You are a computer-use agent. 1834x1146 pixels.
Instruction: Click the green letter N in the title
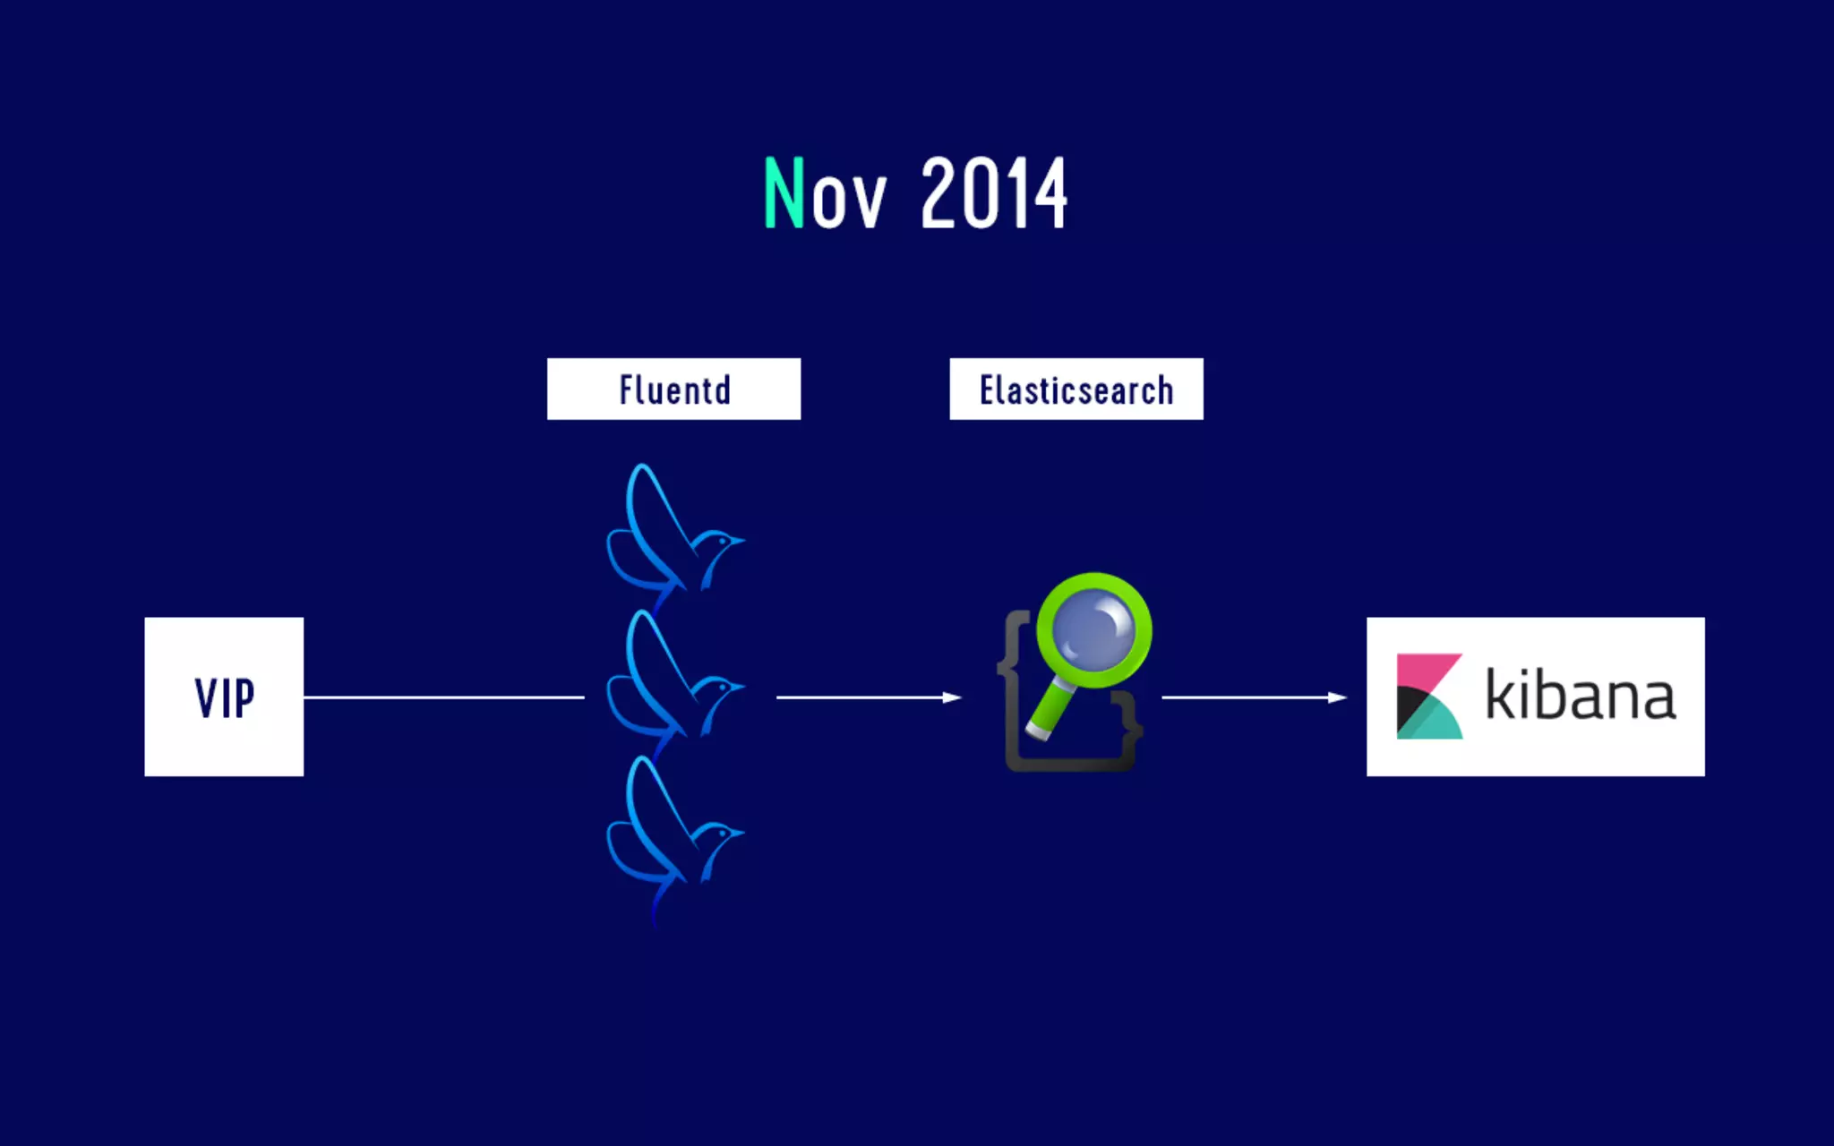click(x=784, y=192)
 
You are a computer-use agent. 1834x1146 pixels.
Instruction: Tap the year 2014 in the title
click(x=993, y=192)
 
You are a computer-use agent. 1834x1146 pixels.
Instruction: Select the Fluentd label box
click(x=673, y=389)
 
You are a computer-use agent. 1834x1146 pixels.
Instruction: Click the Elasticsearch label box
click(x=1076, y=389)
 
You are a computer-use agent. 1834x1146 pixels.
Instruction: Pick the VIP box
click(x=224, y=697)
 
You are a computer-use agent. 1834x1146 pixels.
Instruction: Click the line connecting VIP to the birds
click(x=443, y=697)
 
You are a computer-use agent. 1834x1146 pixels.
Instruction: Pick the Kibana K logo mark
click(x=1428, y=697)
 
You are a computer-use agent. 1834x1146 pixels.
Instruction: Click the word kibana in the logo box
click(x=1581, y=696)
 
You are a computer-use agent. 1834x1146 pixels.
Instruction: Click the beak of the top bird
click(x=739, y=540)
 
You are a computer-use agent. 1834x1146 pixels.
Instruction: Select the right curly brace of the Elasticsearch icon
click(x=1133, y=725)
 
